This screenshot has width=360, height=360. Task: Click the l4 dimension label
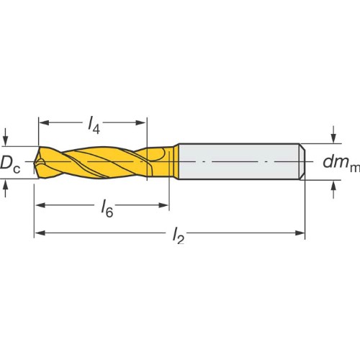(x=94, y=125)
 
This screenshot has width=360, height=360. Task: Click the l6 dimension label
(x=107, y=210)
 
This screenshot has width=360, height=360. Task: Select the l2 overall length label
(x=179, y=236)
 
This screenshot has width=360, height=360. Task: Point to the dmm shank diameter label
(x=341, y=163)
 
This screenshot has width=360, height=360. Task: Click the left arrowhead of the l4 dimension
(x=44, y=123)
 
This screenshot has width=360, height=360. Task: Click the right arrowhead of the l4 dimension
(x=140, y=123)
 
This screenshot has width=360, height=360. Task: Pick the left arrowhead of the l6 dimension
(x=40, y=205)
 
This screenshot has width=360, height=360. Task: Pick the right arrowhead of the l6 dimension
(x=163, y=205)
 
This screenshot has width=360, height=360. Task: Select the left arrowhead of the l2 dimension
(x=40, y=233)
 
